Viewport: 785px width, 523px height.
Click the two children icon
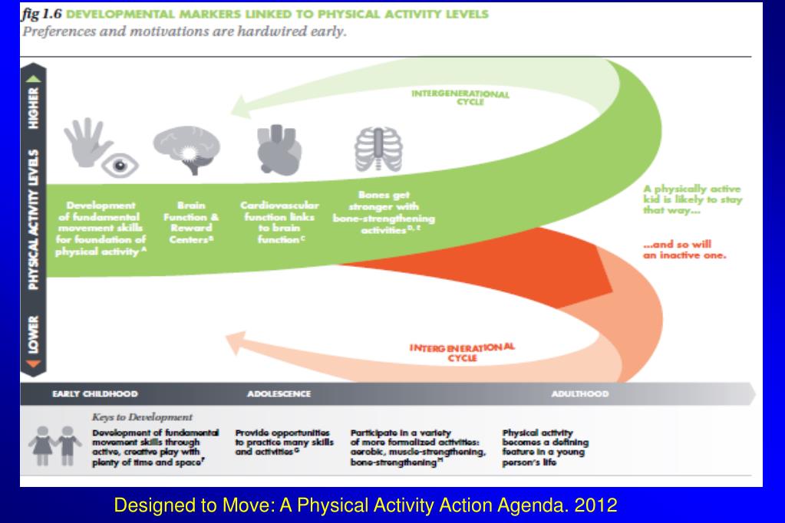click(59, 445)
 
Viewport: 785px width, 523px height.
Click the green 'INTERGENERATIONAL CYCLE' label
click(460, 97)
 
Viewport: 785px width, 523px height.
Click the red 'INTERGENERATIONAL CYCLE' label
click(461, 352)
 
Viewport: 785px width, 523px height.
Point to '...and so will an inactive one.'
click(684, 250)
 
